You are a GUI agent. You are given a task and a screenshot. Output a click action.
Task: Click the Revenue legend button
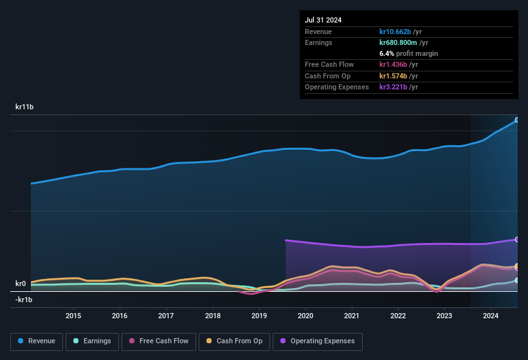37,341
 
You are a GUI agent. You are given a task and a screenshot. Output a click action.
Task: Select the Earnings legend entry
91,341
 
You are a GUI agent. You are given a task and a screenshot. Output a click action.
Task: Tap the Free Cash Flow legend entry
159,341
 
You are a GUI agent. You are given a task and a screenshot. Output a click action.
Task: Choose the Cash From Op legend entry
233,341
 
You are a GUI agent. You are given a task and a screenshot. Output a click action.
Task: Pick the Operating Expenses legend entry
318,341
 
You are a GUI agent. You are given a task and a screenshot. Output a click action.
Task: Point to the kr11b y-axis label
24,107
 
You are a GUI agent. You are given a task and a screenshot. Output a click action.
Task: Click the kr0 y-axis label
21,283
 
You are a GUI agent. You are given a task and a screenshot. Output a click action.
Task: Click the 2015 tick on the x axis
73,316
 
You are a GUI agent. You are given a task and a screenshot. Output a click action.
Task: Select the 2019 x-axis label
259,316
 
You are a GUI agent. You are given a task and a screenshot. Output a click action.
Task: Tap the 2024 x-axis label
491,316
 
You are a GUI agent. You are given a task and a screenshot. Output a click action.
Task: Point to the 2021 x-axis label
352,316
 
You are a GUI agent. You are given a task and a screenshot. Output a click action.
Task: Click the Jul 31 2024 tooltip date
323,20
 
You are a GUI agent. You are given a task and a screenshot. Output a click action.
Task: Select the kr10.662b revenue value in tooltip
400,32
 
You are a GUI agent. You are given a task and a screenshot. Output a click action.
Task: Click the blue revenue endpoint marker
517,120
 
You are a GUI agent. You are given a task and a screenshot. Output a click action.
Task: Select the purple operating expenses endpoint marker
517,239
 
